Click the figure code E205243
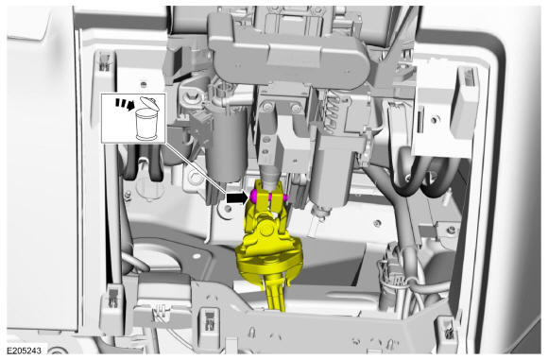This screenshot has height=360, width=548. pyautogui.click(x=25, y=351)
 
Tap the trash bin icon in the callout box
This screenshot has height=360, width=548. pyautogui.click(x=146, y=119)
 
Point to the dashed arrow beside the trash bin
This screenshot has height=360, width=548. pyautogui.click(x=126, y=104)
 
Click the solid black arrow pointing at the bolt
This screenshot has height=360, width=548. pyautogui.click(x=237, y=198)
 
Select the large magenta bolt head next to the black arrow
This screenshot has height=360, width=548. pyautogui.click(x=254, y=197)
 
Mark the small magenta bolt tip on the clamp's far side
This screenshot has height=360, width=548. pyautogui.click(x=285, y=197)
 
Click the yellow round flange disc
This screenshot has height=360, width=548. pyautogui.click(x=268, y=262)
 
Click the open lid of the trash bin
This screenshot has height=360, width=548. pyautogui.click(x=150, y=103)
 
